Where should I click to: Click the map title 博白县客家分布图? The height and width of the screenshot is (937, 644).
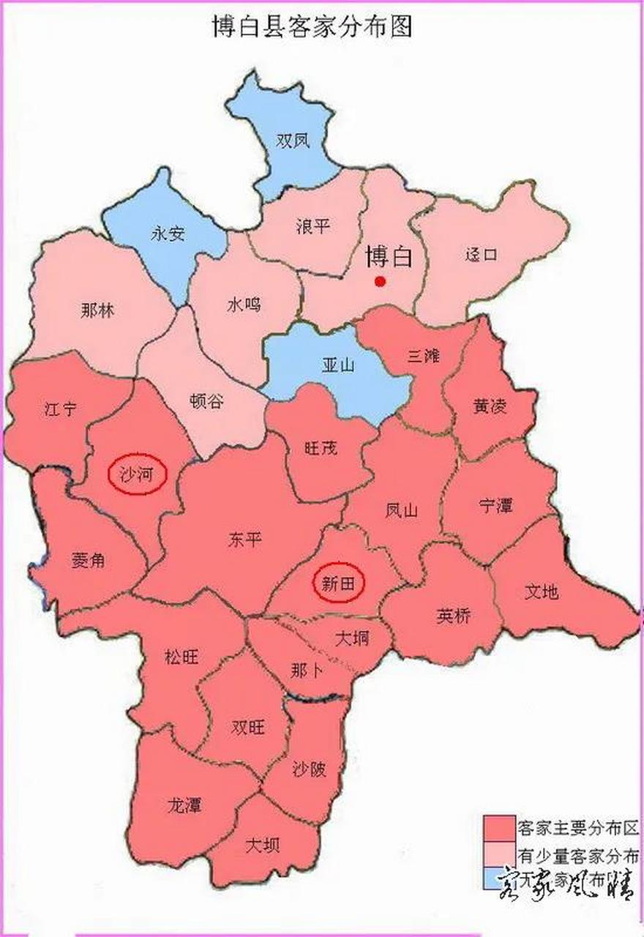coord(312,27)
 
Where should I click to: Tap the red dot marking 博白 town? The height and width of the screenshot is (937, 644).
coord(379,281)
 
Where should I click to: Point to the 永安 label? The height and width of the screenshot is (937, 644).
coord(168,234)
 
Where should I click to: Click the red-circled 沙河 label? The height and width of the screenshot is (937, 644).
coord(138,474)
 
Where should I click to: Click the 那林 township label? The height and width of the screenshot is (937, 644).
coord(97,310)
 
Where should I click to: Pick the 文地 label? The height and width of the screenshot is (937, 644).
coord(542,591)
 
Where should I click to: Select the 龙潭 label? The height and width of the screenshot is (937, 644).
coord(184,805)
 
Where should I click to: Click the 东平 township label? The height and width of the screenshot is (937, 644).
coord(244,540)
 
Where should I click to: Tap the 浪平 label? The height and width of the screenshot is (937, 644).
coord(313,226)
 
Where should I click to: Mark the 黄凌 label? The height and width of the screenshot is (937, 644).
coord(490,407)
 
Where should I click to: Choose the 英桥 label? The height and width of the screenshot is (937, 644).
coord(454,616)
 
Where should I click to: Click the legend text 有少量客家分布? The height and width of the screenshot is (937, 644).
coord(578,854)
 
